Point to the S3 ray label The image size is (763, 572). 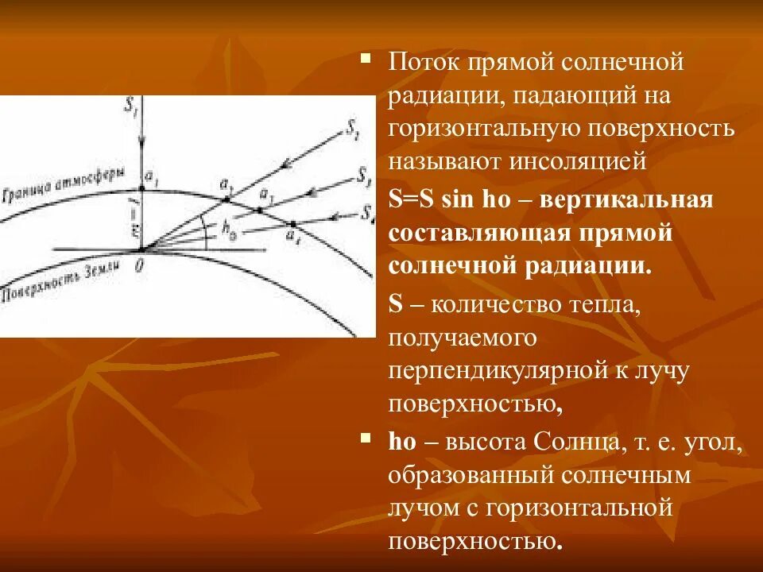pos(362,174)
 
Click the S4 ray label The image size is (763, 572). pos(366,212)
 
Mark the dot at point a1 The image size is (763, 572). pos(141,188)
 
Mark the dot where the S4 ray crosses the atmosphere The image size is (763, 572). pos(293,223)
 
